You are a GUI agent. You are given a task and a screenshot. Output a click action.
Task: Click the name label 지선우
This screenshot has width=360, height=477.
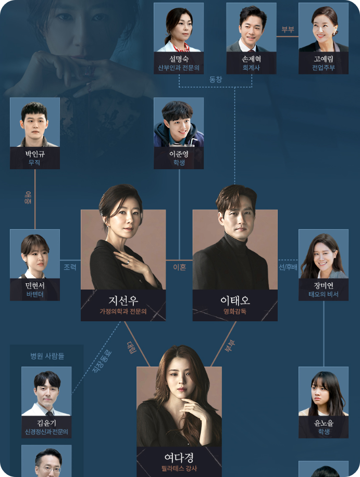(123, 302)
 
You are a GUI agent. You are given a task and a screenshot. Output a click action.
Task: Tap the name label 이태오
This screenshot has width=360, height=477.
(235, 302)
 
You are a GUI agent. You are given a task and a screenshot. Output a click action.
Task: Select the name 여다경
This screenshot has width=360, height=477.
(179, 457)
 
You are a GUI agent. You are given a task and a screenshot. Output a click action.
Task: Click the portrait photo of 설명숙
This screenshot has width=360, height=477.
(179, 27)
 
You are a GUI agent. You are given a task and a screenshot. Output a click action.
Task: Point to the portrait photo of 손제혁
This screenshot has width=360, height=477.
(252, 27)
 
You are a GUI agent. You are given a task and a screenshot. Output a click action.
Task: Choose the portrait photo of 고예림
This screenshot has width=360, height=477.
(324, 27)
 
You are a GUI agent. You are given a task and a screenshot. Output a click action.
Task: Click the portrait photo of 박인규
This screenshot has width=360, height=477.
(35, 122)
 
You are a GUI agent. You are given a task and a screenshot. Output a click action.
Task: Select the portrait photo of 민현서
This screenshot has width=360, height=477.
(35, 254)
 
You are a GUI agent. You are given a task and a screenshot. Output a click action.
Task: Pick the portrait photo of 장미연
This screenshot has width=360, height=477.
(324, 254)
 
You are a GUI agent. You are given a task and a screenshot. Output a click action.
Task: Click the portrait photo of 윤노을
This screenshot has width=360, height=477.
(324, 391)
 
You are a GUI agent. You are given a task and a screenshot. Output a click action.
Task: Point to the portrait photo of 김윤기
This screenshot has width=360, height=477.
(46, 391)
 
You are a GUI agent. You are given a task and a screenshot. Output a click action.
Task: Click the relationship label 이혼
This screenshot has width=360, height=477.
(179, 267)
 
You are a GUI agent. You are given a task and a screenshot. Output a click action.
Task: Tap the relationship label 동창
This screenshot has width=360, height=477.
(215, 79)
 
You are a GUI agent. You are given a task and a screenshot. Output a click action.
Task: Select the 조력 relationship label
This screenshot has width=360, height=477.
(70, 267)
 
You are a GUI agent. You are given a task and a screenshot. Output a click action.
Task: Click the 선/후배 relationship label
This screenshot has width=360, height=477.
(288, 267)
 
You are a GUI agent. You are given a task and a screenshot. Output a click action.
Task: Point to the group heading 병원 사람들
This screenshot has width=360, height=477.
(47, 356)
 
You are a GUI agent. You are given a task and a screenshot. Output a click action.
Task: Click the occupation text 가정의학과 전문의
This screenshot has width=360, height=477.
(123, 313)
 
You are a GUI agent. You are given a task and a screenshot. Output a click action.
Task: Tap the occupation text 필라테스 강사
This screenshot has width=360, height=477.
(179, 469)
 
